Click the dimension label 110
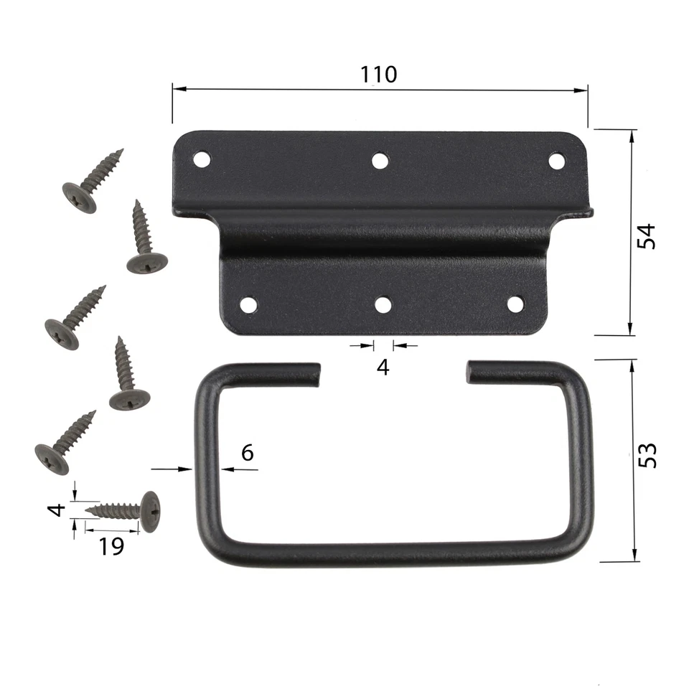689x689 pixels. click(x=379, y=74)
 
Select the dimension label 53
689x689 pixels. click(x=647, y=455)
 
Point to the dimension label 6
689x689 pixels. click(x=247, y=452)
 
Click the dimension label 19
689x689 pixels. click(x=111, y=546)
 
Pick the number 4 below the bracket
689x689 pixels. click(x=383, y=367)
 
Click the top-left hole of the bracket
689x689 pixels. click(x=202, y=159)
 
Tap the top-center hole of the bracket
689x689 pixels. click(x=380, y=160)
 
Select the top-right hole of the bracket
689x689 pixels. click(x=556, y=161)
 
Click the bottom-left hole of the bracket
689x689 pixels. click(x=248, y=304)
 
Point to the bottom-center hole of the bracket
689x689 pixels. click(x=383, y=305)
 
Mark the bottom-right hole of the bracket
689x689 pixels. click(x=515, y=304)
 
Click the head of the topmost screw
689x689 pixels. click(x=79, y=197)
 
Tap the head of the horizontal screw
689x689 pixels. click(x=150, y=511)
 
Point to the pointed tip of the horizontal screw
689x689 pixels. click(x=87, y=510)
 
